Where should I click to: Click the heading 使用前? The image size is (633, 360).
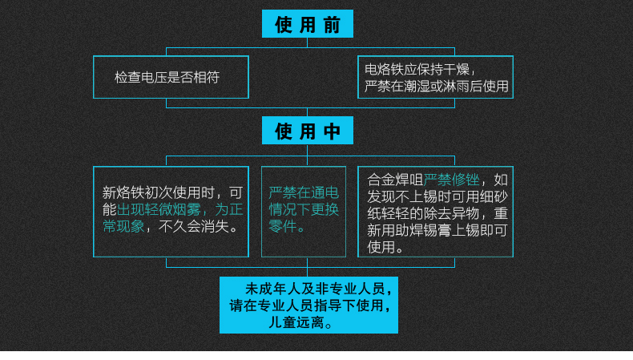pos(307,24)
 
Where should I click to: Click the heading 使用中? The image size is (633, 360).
pos(307,131)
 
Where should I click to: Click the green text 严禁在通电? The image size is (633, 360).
pos(303,192)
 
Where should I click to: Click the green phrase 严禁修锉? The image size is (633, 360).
pos(451,180)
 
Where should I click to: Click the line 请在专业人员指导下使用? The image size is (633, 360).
pos(309,305)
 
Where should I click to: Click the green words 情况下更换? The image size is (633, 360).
pos(303,209)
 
